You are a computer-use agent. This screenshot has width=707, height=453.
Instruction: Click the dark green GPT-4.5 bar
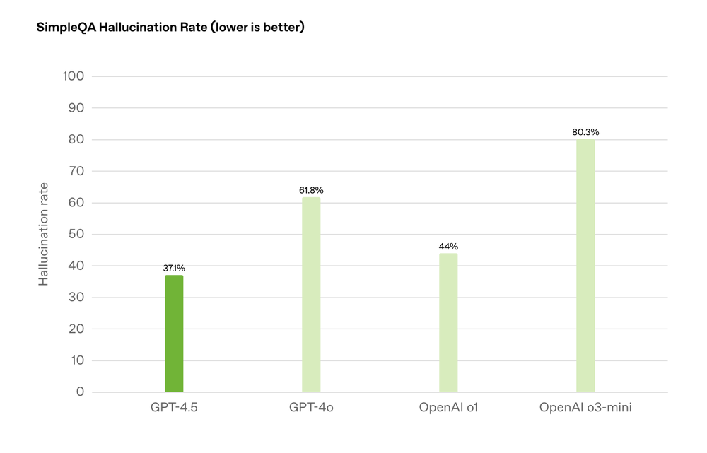174,334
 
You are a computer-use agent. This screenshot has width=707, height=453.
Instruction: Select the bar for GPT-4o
311,295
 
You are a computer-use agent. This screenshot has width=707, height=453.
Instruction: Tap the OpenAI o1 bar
448,322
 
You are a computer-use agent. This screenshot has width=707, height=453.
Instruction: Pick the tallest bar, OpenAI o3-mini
585,265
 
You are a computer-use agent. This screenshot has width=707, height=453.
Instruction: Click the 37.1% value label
174,268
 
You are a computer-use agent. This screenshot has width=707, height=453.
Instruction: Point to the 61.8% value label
311,190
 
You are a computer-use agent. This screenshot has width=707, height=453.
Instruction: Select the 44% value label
448,247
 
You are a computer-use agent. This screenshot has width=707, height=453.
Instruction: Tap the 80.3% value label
585,132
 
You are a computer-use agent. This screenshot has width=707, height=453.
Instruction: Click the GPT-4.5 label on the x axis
174,408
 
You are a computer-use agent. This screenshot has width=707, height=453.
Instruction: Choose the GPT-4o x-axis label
311,408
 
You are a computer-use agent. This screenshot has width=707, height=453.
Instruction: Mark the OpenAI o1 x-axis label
448,408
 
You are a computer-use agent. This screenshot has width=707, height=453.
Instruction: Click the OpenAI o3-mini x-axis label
585,408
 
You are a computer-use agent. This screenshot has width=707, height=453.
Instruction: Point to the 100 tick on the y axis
74,76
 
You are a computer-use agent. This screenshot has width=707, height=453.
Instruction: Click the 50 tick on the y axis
76,234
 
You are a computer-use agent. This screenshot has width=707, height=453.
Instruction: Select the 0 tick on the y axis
80,392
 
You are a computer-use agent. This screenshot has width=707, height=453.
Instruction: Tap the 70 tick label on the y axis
76,171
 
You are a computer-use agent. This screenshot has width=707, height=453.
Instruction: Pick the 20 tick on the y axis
76,329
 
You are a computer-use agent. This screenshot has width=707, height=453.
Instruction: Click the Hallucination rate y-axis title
44,234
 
